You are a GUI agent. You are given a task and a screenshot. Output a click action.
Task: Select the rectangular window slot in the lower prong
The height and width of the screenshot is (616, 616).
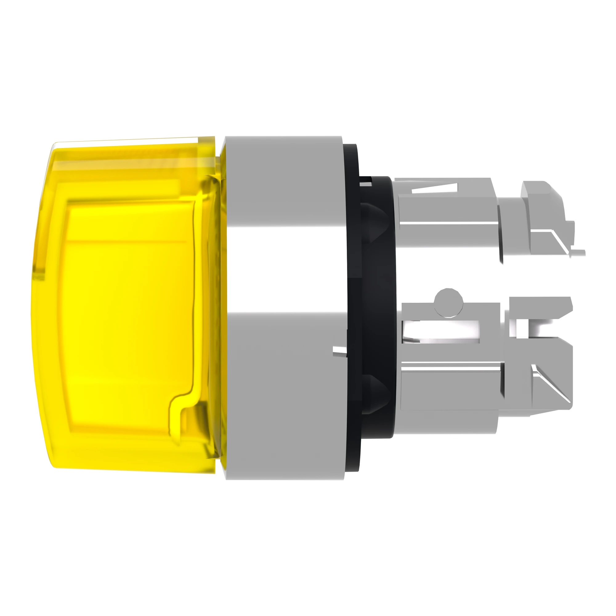(442, 332)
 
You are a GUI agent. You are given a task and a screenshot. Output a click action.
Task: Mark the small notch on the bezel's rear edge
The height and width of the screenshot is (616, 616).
(339, 351)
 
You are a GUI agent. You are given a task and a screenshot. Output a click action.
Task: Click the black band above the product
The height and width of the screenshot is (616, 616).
(308, 57)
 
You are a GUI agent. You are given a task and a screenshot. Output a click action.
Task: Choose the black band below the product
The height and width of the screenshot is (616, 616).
(308, 558)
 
